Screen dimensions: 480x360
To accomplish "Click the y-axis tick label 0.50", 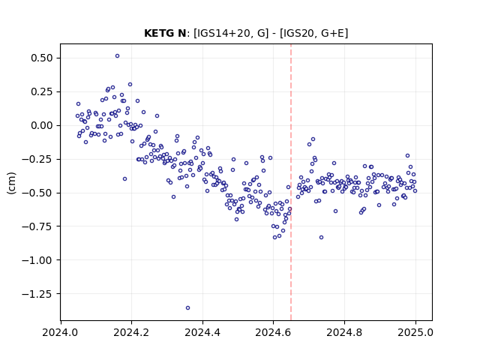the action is tap(42, 58).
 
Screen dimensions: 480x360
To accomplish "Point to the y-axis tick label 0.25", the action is tap(42, 91).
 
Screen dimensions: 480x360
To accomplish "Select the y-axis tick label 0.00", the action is tap(42, 125).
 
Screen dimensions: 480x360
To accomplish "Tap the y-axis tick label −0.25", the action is tap(37, 159).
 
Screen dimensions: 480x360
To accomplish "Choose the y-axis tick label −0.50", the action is tap(37, 193).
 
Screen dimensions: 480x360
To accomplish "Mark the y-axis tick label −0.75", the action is tap(37, 226).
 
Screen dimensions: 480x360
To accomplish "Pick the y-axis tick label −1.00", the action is tap(37, 260).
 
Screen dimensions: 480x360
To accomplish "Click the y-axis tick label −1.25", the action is tap(37, 294).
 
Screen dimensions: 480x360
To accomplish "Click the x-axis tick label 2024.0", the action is tap(61, 332).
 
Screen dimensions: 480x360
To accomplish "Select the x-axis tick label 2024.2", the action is tap(132, 332).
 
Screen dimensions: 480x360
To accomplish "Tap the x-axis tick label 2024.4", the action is tap(202, 332).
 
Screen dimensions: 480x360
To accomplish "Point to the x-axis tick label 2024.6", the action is tap(273, 332).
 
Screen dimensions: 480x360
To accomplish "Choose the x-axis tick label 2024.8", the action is tap(344, 332).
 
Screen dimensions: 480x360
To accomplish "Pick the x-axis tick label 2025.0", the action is tap(415, 332).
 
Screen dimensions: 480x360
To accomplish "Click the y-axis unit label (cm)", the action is tap(11, 183).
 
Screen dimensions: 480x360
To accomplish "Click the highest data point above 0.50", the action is tap(117, 56).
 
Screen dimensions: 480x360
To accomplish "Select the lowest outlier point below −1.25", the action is tap(187, 308).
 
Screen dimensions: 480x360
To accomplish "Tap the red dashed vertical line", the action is tap(291, 182).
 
